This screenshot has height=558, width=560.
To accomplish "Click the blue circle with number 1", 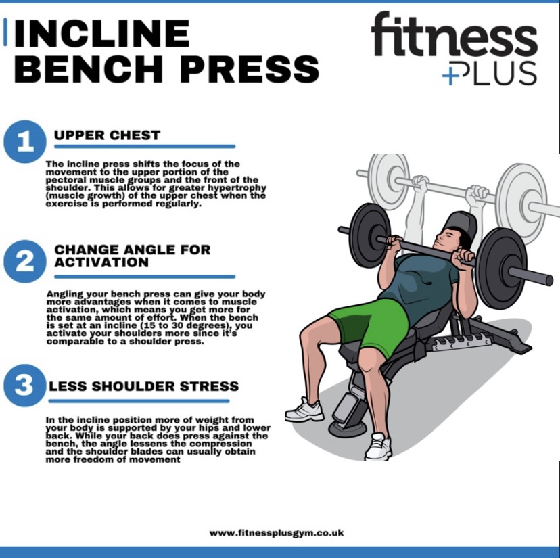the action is (x=24, y=142).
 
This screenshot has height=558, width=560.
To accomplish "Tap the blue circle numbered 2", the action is (x=24, y=262).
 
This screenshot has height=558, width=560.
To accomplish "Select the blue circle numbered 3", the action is (x=24, y=386).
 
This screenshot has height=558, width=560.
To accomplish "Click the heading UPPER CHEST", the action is (x=107, y=135).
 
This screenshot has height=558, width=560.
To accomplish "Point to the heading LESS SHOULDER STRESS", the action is (x=143, y=386).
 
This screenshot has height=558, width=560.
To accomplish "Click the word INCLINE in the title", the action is (x=101, y=33).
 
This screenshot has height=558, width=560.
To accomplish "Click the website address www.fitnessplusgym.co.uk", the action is (x=277, y=533).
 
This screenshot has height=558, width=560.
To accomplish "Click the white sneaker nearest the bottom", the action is (x=379, y=446).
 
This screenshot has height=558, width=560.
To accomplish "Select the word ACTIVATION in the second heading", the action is (x=101, y=262).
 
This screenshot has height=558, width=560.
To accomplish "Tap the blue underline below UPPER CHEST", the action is (x=145, y=146).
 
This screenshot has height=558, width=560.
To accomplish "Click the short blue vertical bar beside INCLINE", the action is (x=5, y=32).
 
